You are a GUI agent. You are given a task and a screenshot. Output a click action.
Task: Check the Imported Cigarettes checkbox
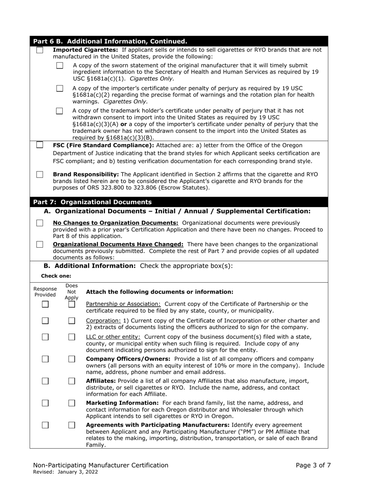[40, 50]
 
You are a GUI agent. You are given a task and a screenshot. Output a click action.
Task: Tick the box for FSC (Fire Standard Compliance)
[40, 145]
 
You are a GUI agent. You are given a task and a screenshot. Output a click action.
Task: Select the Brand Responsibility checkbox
[40, 174]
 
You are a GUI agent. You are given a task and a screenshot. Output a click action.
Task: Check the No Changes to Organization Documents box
[40, 223]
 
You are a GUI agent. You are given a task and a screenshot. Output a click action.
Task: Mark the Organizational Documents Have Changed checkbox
[40, 244]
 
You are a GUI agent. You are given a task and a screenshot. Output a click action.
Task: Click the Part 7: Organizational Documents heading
[92, 202]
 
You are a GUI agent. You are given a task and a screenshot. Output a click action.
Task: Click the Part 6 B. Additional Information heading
[110, 41]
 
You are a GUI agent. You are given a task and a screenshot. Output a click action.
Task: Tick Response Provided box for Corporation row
[45, 321]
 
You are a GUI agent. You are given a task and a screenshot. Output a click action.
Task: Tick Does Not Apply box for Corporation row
[71, 321]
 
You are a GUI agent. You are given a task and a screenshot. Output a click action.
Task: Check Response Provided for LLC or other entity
[45, 337]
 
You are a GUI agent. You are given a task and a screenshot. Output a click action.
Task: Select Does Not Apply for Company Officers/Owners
[71, 359]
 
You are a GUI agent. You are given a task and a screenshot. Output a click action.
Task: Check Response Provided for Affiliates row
[45, 381]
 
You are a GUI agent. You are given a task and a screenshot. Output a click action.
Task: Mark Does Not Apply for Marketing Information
[71, 403]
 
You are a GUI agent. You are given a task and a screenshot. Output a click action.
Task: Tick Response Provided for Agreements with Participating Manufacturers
[45, 425]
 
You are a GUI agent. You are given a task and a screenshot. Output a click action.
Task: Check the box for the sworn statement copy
[60, 65]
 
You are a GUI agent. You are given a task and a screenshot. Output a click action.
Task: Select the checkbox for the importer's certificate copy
[60, 88]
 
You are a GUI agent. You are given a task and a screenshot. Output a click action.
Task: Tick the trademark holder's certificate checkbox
[60, 111]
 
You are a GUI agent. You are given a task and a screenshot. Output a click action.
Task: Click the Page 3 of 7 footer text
[313, 465]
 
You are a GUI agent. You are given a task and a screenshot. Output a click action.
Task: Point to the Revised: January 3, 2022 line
[66, 472]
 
